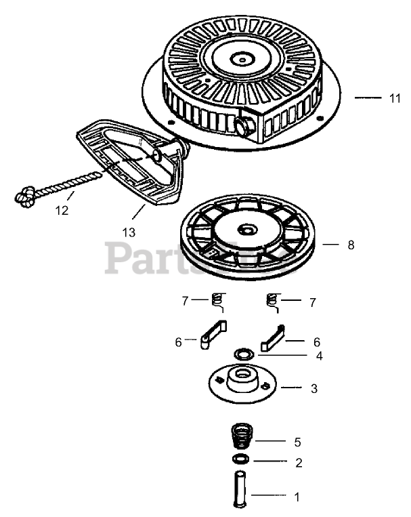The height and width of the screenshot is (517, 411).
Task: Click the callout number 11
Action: tap(395, 98)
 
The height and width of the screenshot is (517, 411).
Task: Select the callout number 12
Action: tap(62, 210)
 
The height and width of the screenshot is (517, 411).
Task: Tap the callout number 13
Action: tap(129, 232)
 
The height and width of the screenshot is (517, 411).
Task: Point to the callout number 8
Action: tap(350, 245)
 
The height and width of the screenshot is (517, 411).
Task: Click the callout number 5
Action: tap(297, 442)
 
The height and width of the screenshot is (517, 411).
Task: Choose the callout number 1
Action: tap(296, 496)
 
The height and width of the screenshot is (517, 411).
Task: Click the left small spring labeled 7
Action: tap(217, 299)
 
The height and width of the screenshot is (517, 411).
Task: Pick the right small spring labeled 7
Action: tap(274, 300)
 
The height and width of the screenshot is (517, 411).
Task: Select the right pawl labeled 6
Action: tap(274, 337)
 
